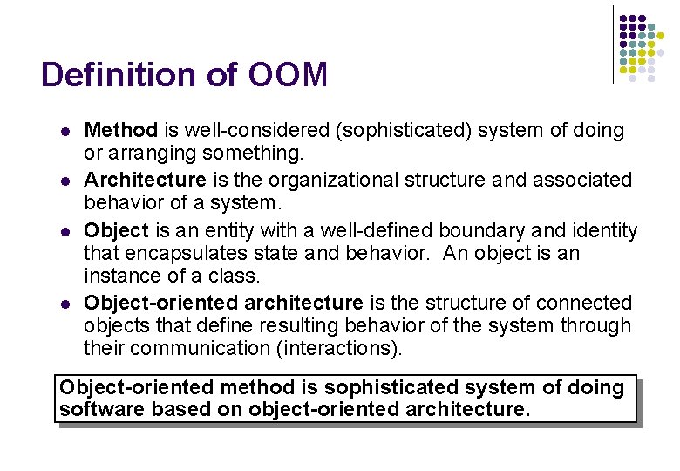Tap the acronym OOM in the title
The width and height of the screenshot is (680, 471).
click(287, 75)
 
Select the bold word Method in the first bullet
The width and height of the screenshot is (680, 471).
click(120, 131)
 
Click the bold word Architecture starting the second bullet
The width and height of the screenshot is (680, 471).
click(145, 180)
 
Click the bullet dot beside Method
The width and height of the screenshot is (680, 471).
click(65, 132)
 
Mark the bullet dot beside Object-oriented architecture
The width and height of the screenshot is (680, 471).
click(65, 304)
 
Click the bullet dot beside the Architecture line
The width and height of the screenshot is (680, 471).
click(65, 181)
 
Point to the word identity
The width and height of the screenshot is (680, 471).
click(601, 230)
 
